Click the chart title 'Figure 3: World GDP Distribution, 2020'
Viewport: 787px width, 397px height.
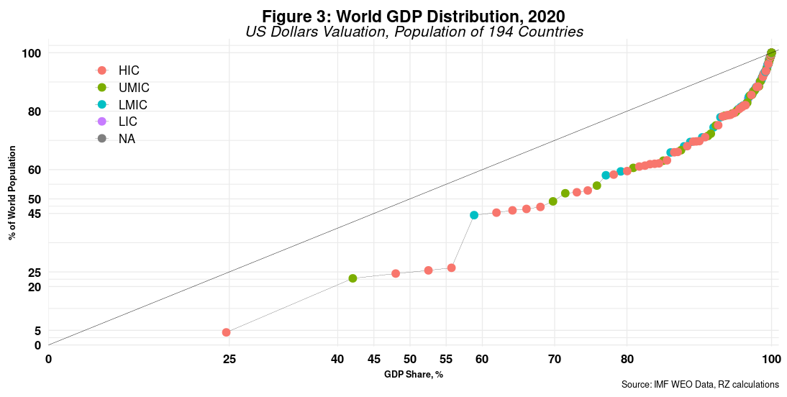tap(414, 16)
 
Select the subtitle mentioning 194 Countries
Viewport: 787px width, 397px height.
tap(414, 32)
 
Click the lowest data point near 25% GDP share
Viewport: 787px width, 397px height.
tap(226, 332)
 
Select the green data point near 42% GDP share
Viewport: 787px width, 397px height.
tap(352, 278)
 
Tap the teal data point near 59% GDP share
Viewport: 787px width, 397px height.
tap(474, 215)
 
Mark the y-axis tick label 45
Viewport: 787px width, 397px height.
tap(35, 214)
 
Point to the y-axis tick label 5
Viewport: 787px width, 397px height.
tap(38, 331)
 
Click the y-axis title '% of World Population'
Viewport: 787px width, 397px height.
tap(13, 192)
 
